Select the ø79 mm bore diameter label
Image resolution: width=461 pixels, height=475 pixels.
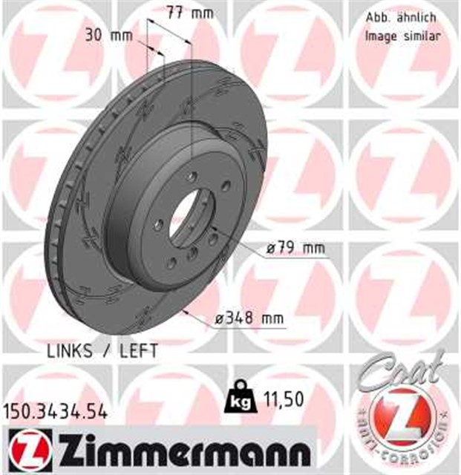click(293, 247)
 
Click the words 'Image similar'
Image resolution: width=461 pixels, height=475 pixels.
click(402, 35)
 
